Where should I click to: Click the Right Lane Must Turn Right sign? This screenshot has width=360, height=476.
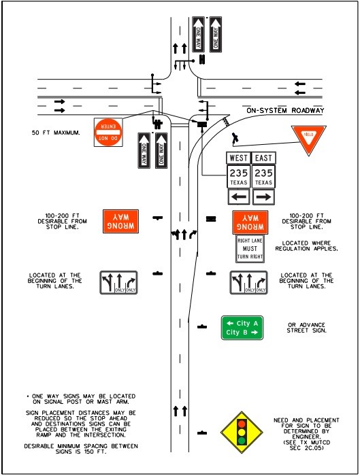point(250,250)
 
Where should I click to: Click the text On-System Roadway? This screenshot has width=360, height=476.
point(285,110)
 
